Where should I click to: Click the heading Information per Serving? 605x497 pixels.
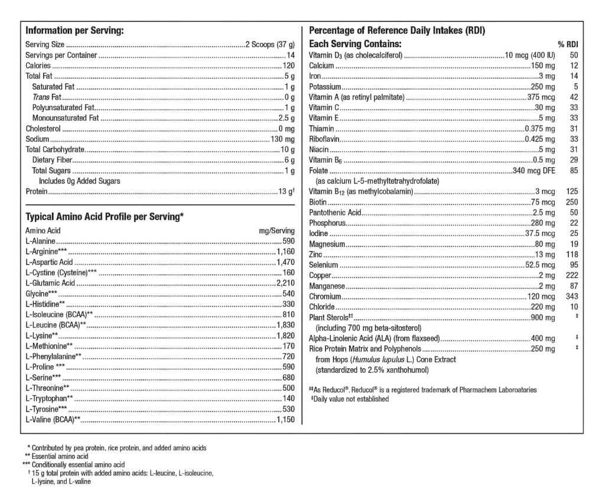74,31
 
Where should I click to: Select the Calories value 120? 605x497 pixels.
288,66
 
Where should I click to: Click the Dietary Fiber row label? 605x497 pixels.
51,160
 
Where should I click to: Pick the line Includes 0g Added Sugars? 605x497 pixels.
79,181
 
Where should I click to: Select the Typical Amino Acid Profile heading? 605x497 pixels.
104,217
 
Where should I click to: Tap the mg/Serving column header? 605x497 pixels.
277,230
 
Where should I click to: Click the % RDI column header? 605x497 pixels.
567,45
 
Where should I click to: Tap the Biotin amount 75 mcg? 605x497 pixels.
543,202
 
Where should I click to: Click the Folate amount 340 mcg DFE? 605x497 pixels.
534,171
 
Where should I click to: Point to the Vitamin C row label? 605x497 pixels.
324,108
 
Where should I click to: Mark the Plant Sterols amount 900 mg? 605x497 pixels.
542,318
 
